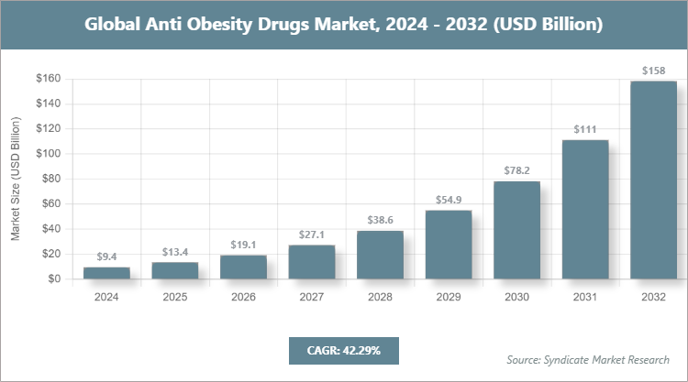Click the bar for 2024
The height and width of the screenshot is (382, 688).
pyautogui.click(x=106, y=273)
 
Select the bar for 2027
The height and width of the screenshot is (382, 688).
pyautogui.click(x=312, y=262)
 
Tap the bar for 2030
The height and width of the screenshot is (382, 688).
pyautogui.click(x=516, y=230)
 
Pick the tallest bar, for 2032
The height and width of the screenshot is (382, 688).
pyautogui.click(x=653, y=180)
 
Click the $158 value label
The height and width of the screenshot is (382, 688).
pyautogui.click(x=653, y=70)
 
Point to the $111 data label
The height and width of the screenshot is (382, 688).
pyautogui.click(x=585, y=129)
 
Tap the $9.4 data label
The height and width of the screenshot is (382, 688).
pyautogui.click(x=106, y=256)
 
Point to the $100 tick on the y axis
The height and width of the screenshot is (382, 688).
pyautogui.click(x=48, y=154)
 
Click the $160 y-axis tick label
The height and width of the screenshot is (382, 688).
pyautogui.click(x=48, y=79)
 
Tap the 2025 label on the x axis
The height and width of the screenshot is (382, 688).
pyautogui.click(x=175, y=297)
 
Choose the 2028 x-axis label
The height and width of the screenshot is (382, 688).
pyautogui.click(x=380, y=297)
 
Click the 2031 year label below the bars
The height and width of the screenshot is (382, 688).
pyautogui.click(x=585, y=297)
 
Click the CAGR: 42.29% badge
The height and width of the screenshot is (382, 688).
pyautogui.click(x=343, y=351)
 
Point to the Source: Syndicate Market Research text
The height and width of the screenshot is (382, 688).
pyautogui.click(x=588, y=359)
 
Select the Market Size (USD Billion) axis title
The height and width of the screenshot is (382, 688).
pyautogui.click(x=16, y=179)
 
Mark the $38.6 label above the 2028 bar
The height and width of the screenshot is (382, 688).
pyautogui.click(x=380, y=220)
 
